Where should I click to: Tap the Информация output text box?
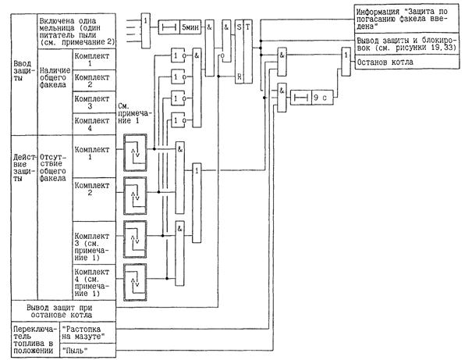pos(403,19)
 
